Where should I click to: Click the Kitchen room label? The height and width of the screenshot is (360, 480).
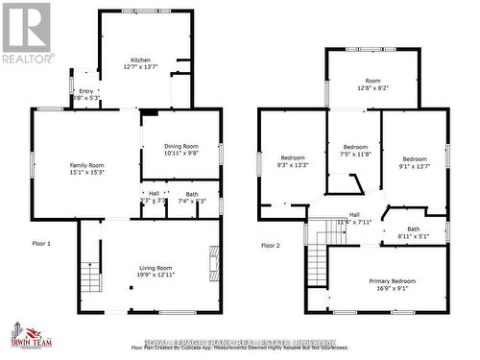141,60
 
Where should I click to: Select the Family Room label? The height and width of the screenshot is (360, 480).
87,166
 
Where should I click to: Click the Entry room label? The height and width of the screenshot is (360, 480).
86,92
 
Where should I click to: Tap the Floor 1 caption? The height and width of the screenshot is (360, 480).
41,244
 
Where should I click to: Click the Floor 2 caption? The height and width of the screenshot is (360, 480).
272,245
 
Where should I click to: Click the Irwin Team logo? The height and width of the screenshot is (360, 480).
32,335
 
